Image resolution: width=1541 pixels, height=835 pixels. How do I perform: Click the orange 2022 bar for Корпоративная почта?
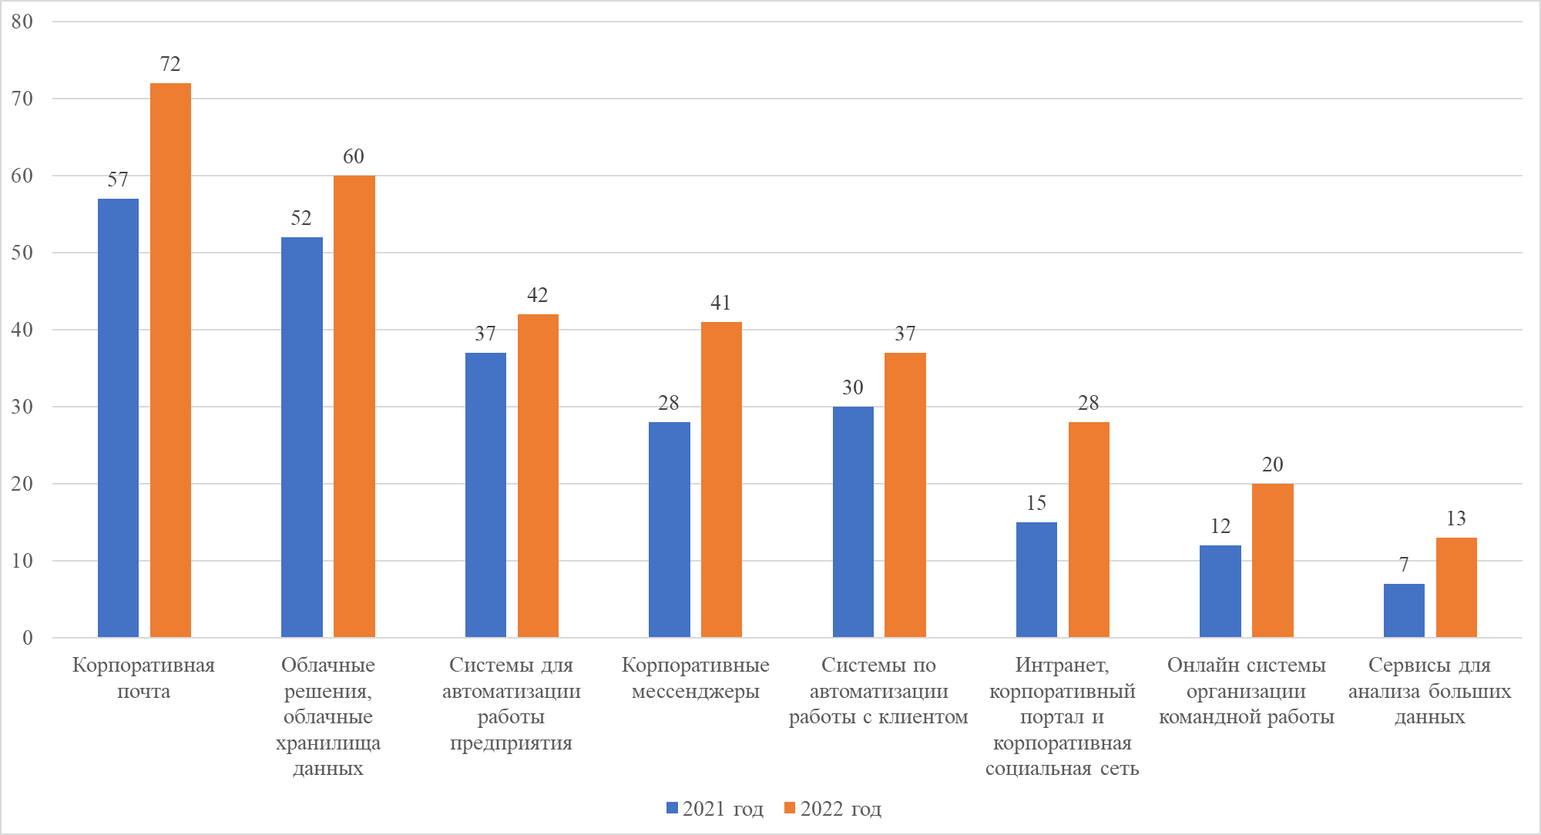[170, 360]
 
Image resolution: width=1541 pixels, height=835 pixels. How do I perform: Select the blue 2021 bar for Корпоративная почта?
[118, 417]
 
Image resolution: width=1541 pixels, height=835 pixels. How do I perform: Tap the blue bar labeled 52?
[301, 437]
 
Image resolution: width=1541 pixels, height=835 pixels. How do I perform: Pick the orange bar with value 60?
[354, 406]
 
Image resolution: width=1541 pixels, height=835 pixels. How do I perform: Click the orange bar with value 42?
[538, 475]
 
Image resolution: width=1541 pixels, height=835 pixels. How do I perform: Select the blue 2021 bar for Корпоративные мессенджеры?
[669, 529]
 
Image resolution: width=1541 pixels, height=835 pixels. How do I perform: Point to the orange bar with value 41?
[721, 479]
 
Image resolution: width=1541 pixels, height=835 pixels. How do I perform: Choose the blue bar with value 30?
[853, 521]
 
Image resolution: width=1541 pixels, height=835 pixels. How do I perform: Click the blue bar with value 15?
[1036, 579]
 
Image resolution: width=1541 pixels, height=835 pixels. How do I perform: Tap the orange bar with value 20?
[1272, 560]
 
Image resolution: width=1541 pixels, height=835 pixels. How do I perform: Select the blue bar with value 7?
[1404, 610]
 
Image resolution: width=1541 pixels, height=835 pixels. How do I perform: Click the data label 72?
[170, 64]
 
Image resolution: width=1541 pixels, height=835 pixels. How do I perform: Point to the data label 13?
[1455, 518]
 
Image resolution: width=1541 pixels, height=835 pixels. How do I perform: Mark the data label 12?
[1220, 526]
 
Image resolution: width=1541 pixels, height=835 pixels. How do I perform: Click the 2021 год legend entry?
[715, 809]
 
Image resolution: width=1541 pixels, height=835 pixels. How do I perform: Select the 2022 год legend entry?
[833, 809]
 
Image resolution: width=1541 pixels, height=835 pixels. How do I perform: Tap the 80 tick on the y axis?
[22, 22]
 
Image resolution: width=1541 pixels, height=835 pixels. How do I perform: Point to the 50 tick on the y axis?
[22, 253]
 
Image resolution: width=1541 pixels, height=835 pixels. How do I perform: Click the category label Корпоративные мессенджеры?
[695, 678]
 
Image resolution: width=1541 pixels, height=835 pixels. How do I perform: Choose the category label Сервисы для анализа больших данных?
[1429, 690]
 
